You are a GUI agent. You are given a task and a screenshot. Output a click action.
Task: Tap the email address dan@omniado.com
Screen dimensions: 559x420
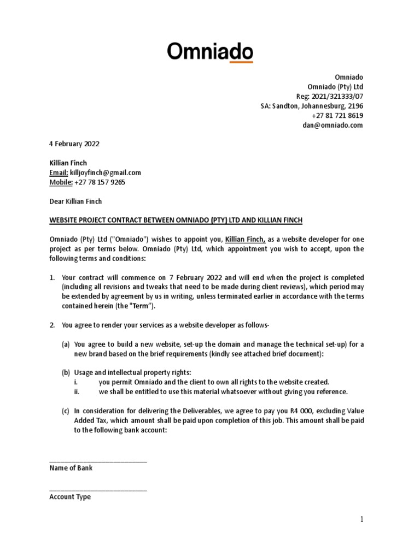(332, 125)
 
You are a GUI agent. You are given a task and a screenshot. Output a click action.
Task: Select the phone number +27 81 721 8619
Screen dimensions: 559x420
(337, 116)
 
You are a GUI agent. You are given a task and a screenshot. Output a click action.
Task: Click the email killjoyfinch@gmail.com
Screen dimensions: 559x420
(104, 173)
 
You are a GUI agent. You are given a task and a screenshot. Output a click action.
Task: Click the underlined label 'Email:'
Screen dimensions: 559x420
(57, 173)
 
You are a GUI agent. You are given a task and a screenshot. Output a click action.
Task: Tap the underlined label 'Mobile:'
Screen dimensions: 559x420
(60, 182)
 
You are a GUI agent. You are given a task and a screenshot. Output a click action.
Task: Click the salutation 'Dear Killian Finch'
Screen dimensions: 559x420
(75, 201)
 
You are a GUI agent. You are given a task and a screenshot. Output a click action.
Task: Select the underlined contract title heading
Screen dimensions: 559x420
(176, 220)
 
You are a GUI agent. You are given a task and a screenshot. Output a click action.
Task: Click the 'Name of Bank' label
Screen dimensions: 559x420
(71, 468)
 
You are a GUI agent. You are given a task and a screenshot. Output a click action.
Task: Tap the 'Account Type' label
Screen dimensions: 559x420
(70, 497)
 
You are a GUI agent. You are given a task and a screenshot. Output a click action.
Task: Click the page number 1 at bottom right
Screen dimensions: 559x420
(361, 519)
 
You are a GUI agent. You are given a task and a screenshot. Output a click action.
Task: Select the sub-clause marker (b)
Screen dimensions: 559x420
(66, 372)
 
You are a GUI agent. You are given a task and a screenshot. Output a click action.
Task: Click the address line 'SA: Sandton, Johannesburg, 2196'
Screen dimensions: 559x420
(312, 106)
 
